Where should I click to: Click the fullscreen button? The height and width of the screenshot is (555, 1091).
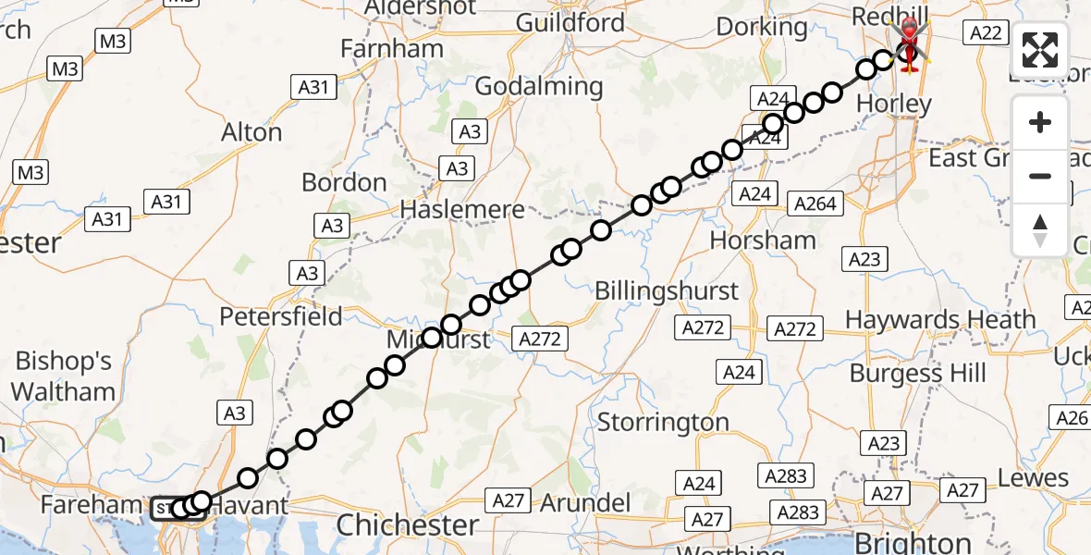click(x=1040, y=50)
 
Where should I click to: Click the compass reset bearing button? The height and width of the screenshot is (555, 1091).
click(x=1040, y=230)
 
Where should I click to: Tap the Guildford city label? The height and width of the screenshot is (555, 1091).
click(x=570, y=22)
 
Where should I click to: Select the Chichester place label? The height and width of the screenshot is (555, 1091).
click(x=408, y=525)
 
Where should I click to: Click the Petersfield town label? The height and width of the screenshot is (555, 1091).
click(x=280, y=316)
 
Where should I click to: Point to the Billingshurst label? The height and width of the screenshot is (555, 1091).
click(x=667, y=290)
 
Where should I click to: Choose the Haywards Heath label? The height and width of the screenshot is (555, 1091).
click(x=940, y=320)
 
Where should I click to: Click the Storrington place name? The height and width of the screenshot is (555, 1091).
click(x=663, y=423)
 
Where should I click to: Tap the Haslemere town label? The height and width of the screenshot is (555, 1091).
click(x=462, y=210)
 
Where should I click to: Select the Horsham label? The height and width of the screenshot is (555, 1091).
click(x=763, y=240)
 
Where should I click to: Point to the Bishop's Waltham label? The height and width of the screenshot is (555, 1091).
click(x=64, y=376)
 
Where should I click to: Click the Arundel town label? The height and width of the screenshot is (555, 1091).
click(x=586, y=503)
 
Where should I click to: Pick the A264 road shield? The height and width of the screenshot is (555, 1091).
click(x=814, y=203)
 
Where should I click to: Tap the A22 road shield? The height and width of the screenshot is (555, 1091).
click(x=984, y=33)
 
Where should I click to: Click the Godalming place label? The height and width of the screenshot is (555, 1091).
click(x=538, y=87)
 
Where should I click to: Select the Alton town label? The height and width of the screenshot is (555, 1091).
click(x=251, y=132)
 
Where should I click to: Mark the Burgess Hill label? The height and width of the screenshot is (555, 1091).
click(x=918, y=374)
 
